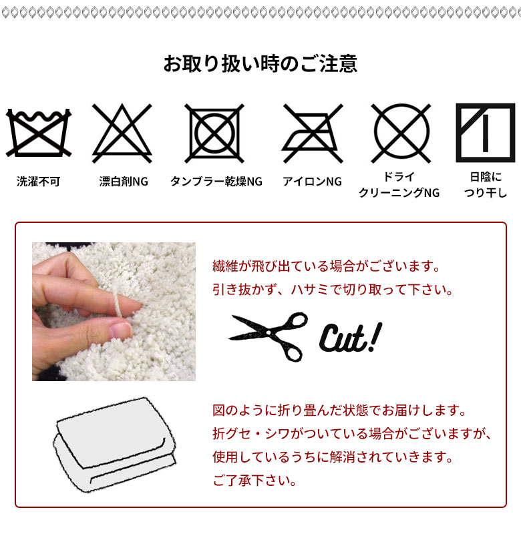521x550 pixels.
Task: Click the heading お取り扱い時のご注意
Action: [260, 63]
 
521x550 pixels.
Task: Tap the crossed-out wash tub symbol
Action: [39, 133]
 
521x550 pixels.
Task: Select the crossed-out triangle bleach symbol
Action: [122, 133]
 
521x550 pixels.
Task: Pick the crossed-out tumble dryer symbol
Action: [214, 133]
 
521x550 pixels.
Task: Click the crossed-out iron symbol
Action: [312, 133]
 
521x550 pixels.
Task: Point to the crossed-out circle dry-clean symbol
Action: [401, 133]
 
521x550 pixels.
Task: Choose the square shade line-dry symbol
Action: [485, 133]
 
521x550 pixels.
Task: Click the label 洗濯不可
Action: [38, 182]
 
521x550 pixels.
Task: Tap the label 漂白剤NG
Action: [124, 182]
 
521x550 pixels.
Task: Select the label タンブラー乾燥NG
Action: [216, 182]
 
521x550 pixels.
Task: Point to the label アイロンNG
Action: [312, 182]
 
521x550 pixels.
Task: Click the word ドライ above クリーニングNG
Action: [399, 176]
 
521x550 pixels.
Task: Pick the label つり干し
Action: [486, 193]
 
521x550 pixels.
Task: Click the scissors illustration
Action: [269, 336]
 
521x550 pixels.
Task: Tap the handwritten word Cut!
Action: [351, 338]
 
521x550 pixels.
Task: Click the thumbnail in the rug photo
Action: [120, 331]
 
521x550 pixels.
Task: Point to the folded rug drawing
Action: [115, 445]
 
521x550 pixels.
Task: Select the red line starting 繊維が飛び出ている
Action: [327, 266]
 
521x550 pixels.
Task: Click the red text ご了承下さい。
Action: [255, 480]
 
